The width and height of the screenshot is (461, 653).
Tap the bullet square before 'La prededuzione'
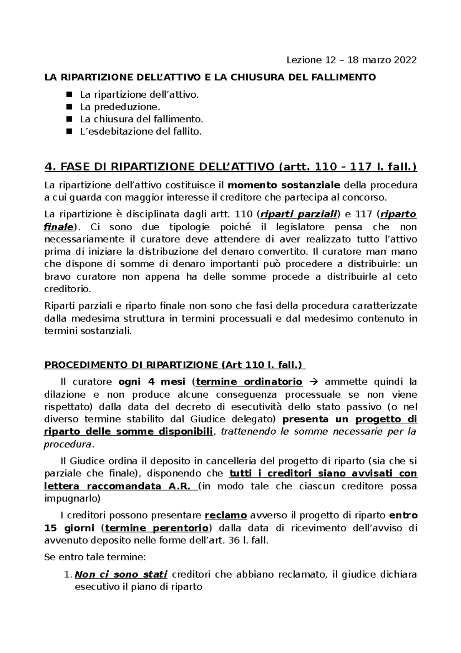(x=69, y=107)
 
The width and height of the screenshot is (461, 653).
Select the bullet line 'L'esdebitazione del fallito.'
(x=140, y=132)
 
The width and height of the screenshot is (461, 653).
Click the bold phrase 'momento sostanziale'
(x=284, y=185)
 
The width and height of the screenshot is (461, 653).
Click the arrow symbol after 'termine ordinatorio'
(x=313, y=382)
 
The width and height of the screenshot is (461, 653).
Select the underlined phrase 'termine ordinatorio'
(x=249, y=382)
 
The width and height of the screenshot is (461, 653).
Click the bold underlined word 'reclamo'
(x=226, y=515)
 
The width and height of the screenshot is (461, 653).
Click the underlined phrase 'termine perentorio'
(x=157, y=528)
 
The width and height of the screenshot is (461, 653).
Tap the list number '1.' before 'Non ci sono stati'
(x=67, y=575)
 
